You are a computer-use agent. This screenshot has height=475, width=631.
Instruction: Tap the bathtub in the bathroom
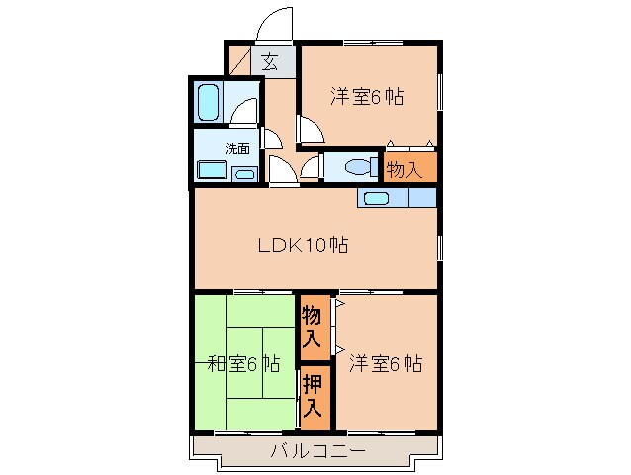coord(209,101)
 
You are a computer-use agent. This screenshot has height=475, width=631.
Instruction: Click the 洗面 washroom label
coord(237,149)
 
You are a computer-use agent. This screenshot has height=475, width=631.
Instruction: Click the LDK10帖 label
coord(302,245)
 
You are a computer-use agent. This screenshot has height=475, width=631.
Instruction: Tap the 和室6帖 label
coord(243,363)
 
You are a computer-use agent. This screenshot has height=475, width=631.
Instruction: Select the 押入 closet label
coord(312,395)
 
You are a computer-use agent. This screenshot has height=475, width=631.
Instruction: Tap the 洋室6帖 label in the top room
coord(368,97)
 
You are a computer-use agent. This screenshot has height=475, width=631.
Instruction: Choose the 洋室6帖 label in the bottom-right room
coord(385,363)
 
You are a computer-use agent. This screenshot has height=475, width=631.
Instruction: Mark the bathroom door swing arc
coord(247,110)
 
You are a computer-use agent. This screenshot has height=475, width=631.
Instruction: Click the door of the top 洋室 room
coord(309,130)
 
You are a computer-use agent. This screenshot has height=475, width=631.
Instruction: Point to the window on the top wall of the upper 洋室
coord(372,42)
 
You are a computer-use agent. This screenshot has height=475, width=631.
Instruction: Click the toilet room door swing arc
coord(311,167)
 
